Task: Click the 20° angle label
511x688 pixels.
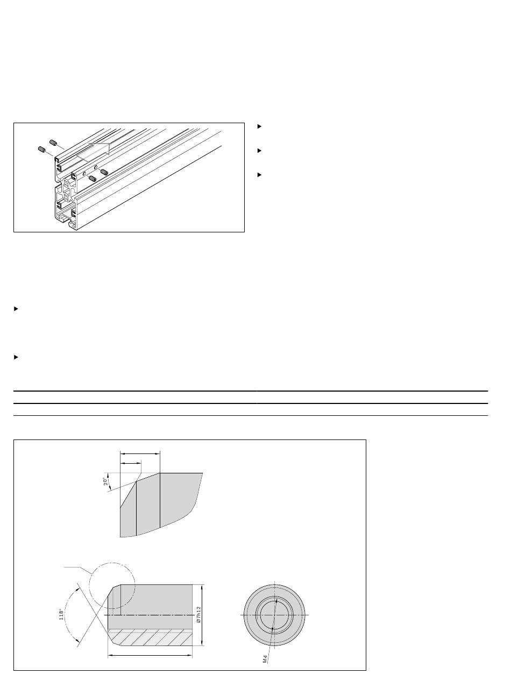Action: (x=106, y=481)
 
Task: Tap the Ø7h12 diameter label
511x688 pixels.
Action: (x=199, y=615)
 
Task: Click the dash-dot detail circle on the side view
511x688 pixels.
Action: (x=112, y=563)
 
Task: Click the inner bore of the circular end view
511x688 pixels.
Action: (x=274, y=615)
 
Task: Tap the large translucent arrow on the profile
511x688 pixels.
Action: (x=94, y=152)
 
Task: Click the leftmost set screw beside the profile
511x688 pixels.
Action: (x=41, y=149)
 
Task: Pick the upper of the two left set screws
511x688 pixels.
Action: (x=53, y=143)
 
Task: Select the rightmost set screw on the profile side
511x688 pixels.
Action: (x=104, y=172)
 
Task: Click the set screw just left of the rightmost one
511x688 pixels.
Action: (x=92, y=179)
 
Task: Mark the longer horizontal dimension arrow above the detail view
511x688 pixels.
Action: (x=140, y=454)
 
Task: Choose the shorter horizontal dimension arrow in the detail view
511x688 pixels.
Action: (x=130, y=464)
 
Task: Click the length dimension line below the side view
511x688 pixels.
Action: (x=150, y=655)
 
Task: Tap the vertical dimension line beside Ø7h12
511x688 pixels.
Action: (x=203, y=615)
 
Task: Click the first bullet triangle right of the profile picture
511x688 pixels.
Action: (x=259, y=126)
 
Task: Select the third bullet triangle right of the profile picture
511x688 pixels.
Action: (x=259, y=175)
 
